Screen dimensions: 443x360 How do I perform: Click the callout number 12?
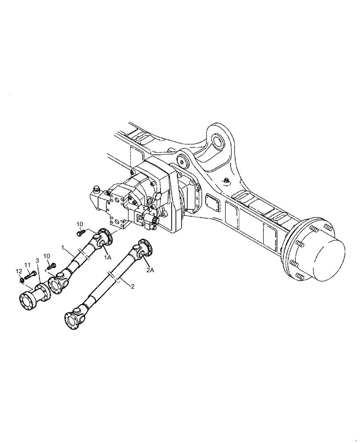(x=19, y=271)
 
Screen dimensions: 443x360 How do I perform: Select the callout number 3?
(x=37, y=261)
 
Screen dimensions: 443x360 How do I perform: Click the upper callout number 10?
(x=79, y=224)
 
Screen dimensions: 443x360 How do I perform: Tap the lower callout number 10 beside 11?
(x=47, y=256)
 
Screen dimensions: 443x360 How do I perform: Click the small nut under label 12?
(x=21, y=280)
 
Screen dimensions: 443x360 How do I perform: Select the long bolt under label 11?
(x=30, y=275)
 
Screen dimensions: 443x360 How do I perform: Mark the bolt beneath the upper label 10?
(x=81, y=232)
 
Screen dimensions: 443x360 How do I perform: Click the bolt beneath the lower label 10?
(x=52, y=266)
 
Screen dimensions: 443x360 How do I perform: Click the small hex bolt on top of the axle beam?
(x=227, y=180)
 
